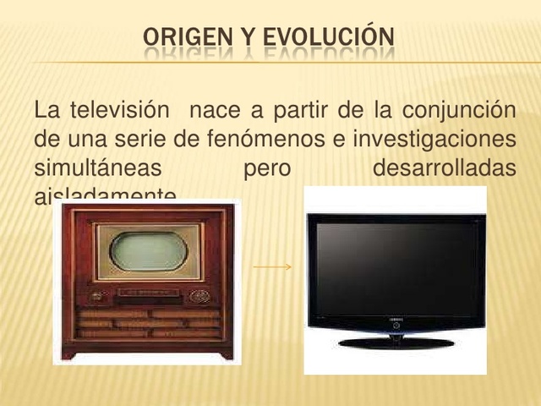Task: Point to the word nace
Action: point(215,111)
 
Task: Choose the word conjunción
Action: point(458,111)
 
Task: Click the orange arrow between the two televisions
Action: point(272,267)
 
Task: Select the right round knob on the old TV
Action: point(199,296)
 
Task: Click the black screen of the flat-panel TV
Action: point(395,268)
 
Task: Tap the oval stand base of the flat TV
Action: point(395,343)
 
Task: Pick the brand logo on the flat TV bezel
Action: point(395,321)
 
